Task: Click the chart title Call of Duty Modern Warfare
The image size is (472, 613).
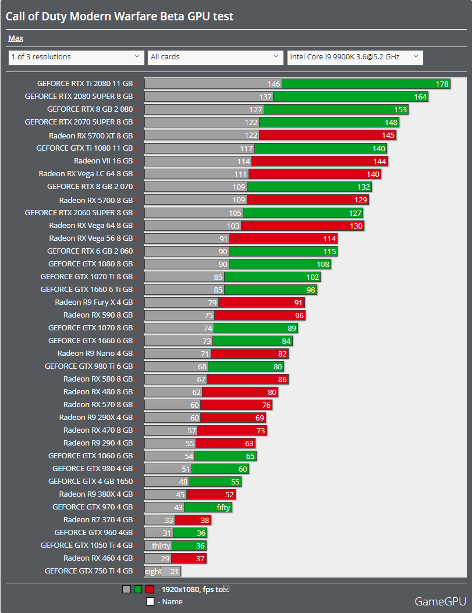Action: [x=119, y=16]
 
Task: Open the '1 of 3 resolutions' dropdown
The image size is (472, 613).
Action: [x=76, y=57]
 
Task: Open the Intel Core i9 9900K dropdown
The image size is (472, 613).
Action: [x=355, y=57]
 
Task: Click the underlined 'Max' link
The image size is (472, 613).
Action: [x=16, y=38]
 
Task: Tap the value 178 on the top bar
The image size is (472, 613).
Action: [x=442, y=84]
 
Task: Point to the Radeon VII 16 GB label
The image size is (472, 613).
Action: [x=103, y=161]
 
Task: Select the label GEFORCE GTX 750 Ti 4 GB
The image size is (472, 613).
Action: [x=88, y=571]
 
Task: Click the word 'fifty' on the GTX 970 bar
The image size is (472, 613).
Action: [x=223, y=507]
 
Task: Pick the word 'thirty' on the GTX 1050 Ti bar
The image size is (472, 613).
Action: [x=161, y=546]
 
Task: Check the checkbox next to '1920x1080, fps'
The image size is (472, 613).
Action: [x=226, y=589]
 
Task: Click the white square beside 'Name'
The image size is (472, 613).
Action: [x=150, y=601]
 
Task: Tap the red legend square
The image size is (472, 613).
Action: [x=150, y=589]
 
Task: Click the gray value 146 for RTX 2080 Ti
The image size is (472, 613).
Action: [x=274, y=84]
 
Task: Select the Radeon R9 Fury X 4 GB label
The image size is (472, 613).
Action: [x=94, y=302]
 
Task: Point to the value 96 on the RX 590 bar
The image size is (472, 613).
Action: [x=300, y=315]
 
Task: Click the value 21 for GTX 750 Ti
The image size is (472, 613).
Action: [x=174, y=571]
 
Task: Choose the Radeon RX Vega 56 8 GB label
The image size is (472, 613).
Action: [x=91, y=238]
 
